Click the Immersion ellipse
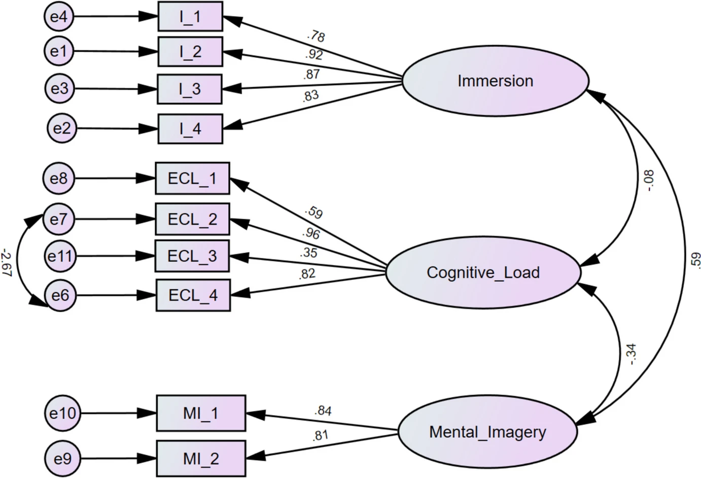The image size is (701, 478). click(x=496, y=81)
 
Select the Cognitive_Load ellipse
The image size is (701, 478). click(x=483, y=273)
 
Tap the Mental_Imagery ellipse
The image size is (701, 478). click(x=487, y=432)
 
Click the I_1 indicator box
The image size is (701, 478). click(x=190, y=17)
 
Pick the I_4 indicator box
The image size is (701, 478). click(x=190, y=129)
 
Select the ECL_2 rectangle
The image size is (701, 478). click(x=192, y=220)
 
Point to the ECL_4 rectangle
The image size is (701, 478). click(x=192, y=295)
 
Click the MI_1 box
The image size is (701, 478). click(x=201, y=414)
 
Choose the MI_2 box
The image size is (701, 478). click(x=201, y=459)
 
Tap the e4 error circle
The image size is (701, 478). click(x=59, y=17)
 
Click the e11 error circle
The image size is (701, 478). click(x=60, y=256)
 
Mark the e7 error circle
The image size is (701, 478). click(x=59, y=220)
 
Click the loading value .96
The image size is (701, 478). click(x=310, y=233)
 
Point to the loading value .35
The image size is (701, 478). click(x=308, y=252)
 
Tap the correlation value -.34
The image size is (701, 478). click(x=632, y=354)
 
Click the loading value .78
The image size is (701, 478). click(x=316, y=36)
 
